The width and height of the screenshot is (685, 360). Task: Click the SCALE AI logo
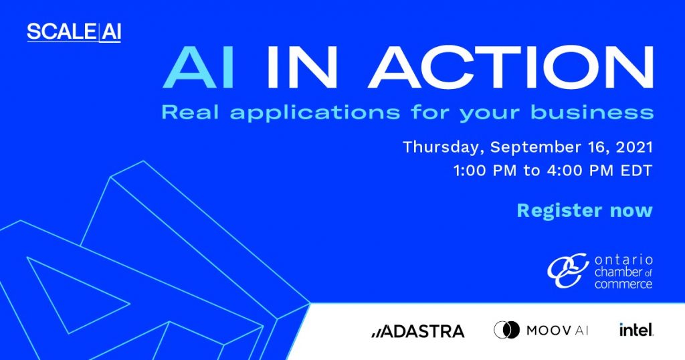(74, 32)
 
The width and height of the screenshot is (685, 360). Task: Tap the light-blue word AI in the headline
(199, 68)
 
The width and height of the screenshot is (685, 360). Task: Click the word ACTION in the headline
(511, 68)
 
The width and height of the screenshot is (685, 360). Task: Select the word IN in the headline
(302, 68)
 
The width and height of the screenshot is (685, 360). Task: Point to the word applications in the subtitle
(315, 113)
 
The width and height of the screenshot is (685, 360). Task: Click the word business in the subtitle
(592, 112)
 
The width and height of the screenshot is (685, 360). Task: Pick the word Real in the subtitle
(190, 112)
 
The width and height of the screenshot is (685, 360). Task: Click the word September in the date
(536, 148)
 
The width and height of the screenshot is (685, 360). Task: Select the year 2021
(634, 147)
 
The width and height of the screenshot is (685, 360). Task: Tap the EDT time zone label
(637, 171)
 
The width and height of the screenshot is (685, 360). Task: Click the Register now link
(585, 211)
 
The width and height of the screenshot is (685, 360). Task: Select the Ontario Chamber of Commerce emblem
(569, 270)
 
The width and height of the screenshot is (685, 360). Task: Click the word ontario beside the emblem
(623, 260)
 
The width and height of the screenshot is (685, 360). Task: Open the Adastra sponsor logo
(417, 331)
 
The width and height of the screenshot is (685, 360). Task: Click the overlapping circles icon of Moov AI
(507, 330)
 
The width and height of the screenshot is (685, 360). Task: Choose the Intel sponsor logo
(636, 329)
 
